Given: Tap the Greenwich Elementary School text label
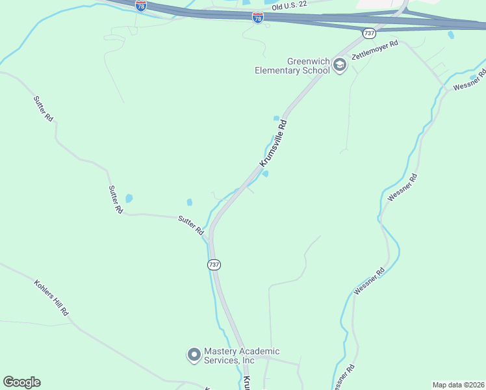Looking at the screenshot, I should [292, 66].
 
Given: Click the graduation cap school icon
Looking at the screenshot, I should [340, 66].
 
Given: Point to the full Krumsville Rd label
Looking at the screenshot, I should [273, 144].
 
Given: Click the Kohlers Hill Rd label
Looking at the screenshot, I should [51, 298].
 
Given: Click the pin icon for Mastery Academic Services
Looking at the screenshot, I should [193, 355].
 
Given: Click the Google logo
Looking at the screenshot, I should [21, 382].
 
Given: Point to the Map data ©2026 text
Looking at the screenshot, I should [458, 385].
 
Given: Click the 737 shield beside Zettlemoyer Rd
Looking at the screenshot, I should [370, 32].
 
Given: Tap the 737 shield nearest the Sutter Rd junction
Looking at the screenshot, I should [214, 265].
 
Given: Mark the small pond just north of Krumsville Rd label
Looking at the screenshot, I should [277, 118].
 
